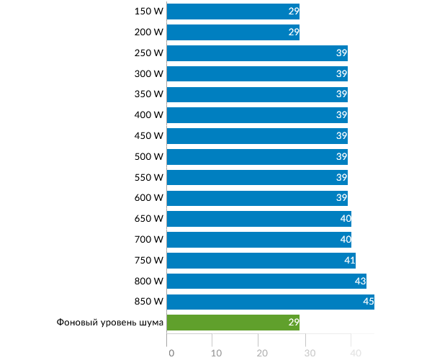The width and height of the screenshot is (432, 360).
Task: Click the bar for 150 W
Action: [233, 12]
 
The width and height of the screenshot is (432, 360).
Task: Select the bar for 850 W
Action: [270, 302]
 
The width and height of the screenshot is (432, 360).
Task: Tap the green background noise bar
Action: [233, 323]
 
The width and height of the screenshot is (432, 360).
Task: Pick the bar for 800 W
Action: [266, 281]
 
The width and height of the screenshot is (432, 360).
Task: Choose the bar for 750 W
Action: [261, 260]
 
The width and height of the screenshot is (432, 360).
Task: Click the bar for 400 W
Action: [257, 115]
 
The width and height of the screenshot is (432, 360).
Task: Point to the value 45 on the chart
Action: [368, 302]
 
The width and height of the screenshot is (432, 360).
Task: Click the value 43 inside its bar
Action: [361, 281]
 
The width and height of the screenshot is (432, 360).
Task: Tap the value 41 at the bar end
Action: [349, 260]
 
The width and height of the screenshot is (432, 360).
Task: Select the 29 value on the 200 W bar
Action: [293, 32]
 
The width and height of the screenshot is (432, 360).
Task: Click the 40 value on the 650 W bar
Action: [345, 219]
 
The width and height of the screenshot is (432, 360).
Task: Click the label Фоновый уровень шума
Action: [110, 323]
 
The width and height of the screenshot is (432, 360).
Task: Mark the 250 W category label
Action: [149, 53]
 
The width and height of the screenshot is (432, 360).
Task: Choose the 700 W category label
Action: [149, 240]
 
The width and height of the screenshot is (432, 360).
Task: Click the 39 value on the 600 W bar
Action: [342, 198]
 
